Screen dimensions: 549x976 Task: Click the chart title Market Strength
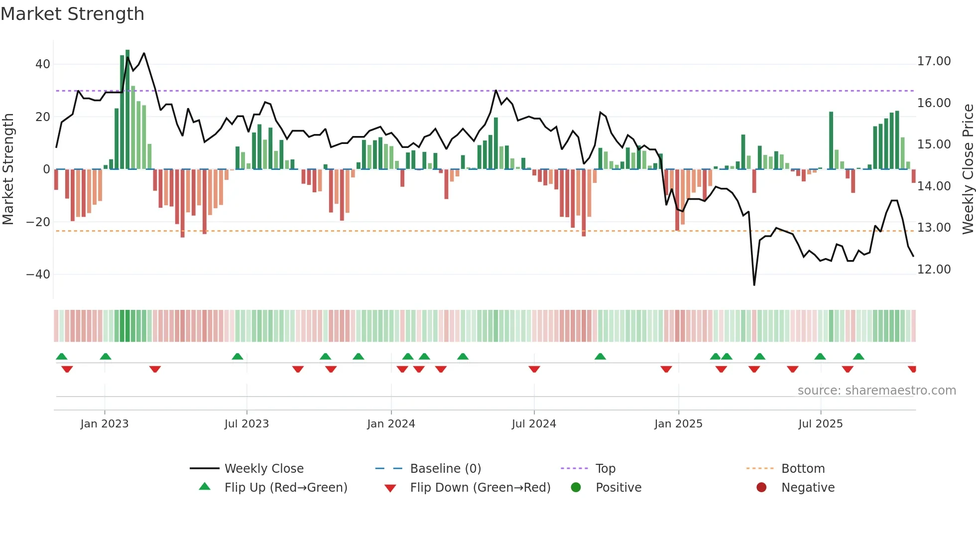tap(72, 14)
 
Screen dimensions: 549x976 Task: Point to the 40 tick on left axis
tap(43, 64)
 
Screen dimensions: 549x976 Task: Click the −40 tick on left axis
tap(38, 274)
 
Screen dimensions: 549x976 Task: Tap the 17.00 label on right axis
tap(934, 61)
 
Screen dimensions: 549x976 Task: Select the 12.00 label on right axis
tap(934, 270)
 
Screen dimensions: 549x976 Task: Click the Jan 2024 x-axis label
tap(391, 424)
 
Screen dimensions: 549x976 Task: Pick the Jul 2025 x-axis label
tap(820, 424)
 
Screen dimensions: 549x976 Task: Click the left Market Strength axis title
tap(8, 169)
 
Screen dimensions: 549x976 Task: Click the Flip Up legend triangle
tap(205, 487)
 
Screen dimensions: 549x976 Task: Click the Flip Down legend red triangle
tap(390, 488)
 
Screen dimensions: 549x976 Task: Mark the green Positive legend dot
tap(576, 488)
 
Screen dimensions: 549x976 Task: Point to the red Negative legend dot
tap(761, 488)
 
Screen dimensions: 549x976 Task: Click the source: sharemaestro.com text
tap(876, 391)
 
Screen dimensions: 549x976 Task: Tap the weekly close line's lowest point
tap(754, 284)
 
